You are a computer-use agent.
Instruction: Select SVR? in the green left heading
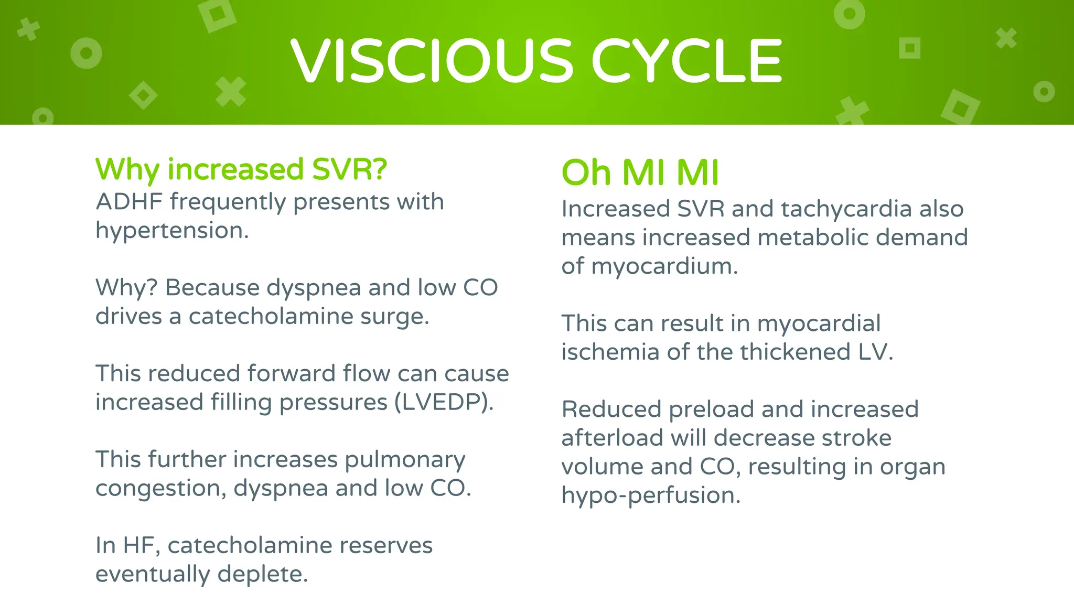(349, 169)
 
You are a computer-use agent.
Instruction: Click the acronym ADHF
(129, 202)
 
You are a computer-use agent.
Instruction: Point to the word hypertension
(171, 231)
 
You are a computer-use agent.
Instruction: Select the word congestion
(160, 489)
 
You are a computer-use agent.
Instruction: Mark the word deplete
(262, 574)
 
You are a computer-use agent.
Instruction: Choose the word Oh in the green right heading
(586, 172)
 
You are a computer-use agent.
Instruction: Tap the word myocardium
(664, 266)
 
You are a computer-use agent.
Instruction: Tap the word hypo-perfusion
(650, 495)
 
